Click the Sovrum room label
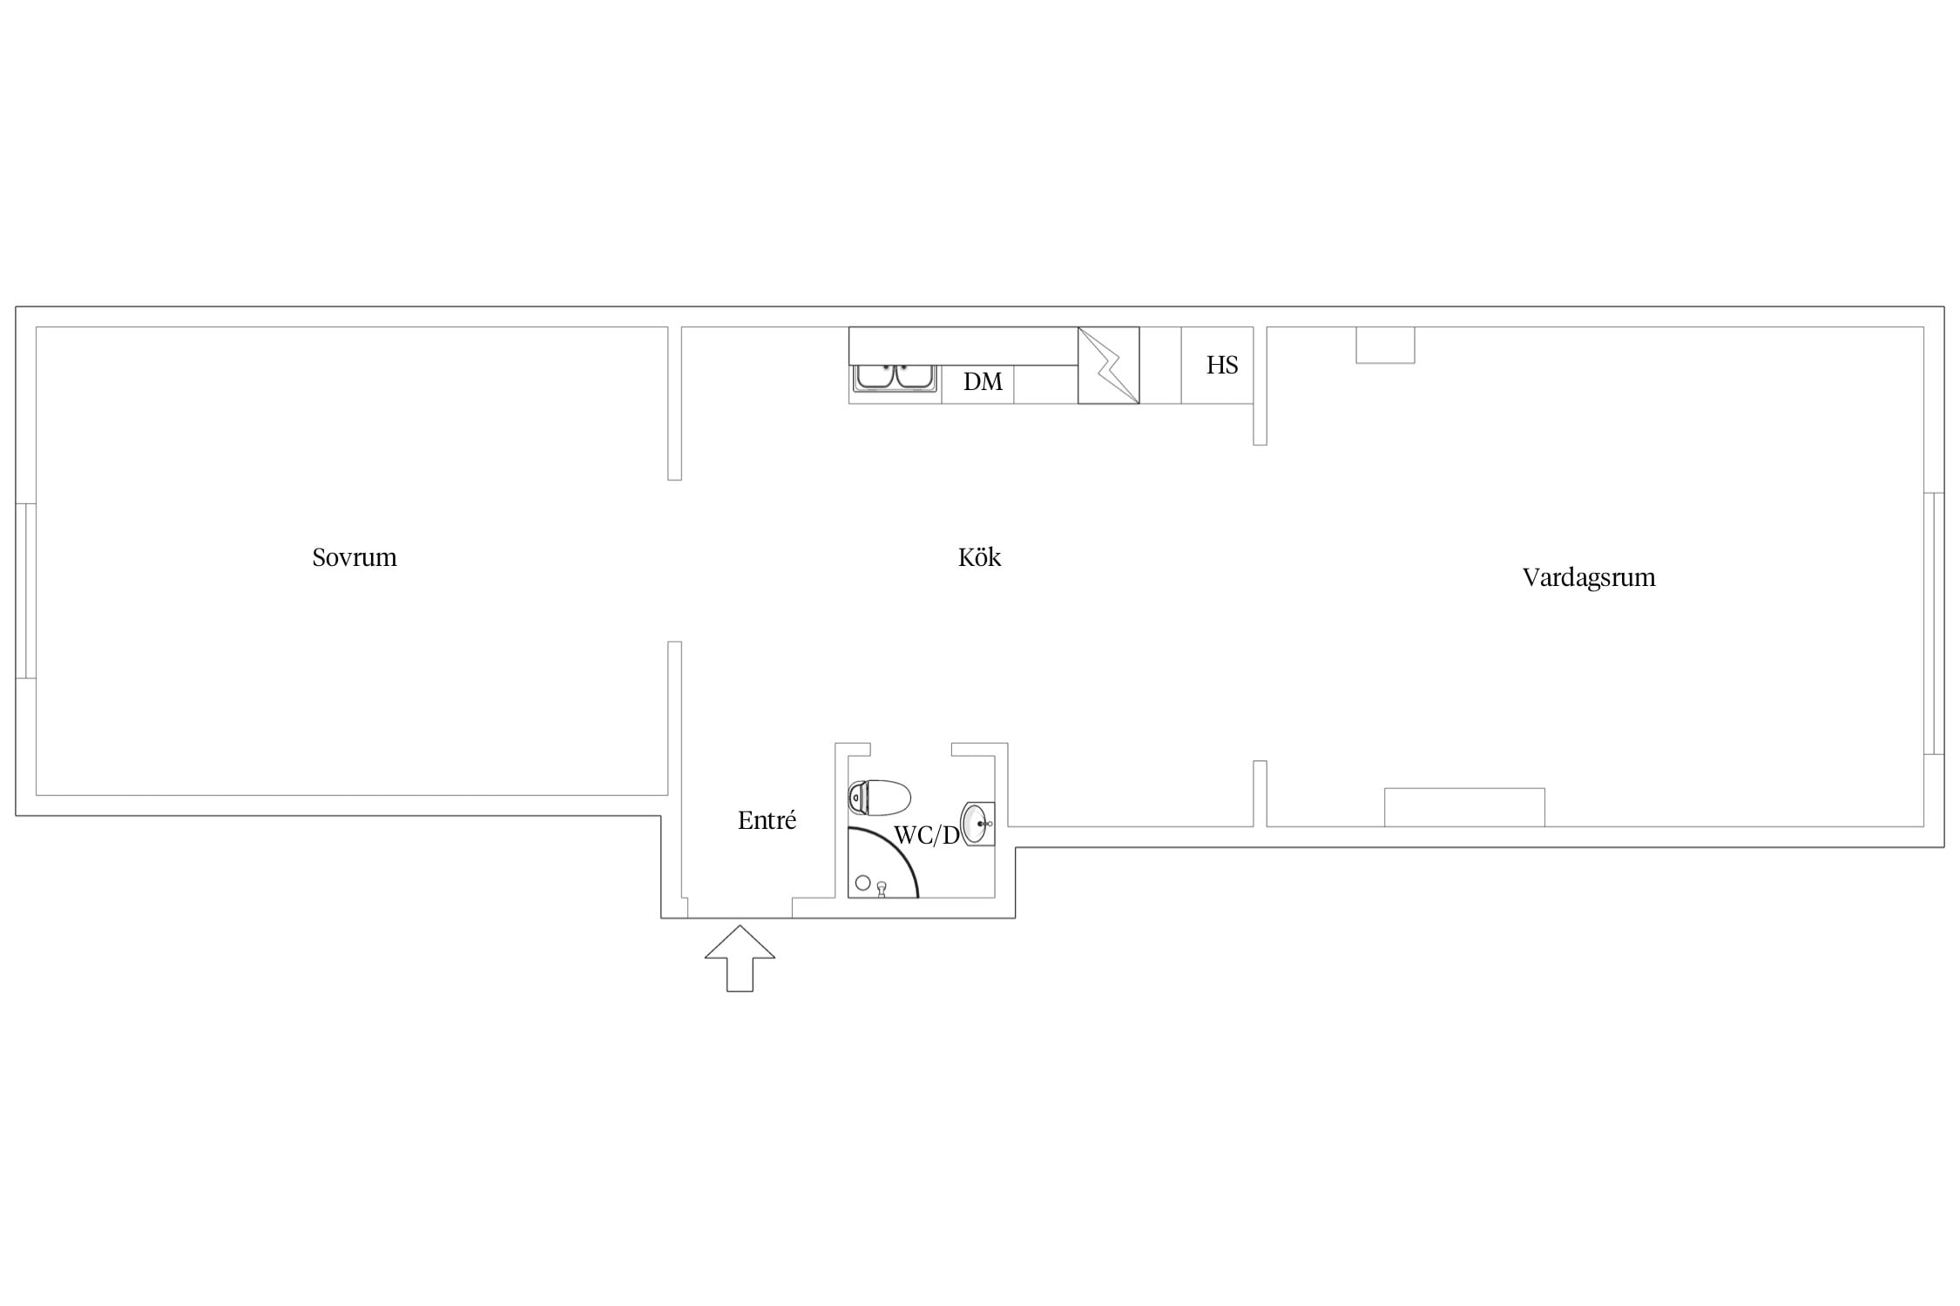tap(355, 557)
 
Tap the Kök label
tap(979, 557)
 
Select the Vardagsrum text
tap(1589, 578)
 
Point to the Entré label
tap(767, 820)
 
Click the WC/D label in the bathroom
tap(926, 836)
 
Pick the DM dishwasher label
tap(983, 381)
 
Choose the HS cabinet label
tap(1222, 365)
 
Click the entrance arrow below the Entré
tap(740, 958)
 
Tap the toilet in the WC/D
tap(879, 798)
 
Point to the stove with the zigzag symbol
tap(1108, 365)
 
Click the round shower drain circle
tap(863, 883)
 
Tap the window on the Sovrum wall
tap(26, 590)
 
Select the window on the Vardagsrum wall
tap(1933, 623)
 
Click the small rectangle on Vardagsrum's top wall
tap(1385, 345)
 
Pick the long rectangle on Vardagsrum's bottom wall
tap(1464, 807)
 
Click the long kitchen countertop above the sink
tap(963, 346)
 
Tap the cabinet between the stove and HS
tap(1160, 365)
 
